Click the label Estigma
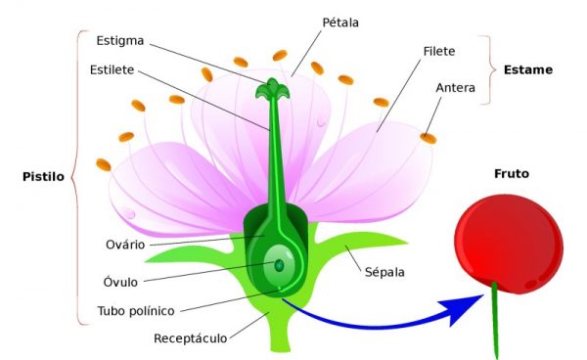(x=120, y=41)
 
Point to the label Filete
(x=439, y=49)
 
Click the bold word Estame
(x=528, y=69)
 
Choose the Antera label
(x=456, y=88)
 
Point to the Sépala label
(x=384, y=273)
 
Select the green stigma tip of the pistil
(x=268, y=90)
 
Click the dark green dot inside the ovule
(x=279, y=264)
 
